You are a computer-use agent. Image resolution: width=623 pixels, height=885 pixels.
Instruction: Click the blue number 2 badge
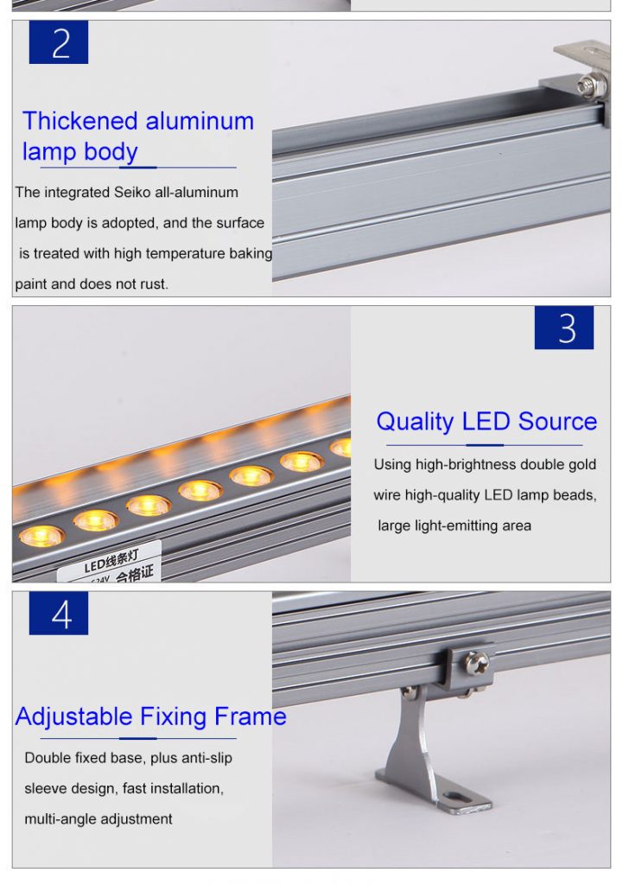(59, 42)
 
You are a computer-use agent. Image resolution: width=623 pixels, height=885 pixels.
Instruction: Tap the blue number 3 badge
(563, 328)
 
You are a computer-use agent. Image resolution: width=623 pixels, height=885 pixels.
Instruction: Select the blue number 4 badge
(59, 614)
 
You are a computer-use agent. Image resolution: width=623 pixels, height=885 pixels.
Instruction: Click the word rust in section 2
(152, 284)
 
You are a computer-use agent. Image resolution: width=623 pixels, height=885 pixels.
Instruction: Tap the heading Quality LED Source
(486, 422)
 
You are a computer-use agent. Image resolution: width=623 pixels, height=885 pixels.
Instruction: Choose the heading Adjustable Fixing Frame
(150, 716)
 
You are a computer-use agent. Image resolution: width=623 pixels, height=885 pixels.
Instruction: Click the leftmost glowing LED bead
(41, 536)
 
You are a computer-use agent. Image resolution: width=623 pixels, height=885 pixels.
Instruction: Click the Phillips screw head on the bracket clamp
(476, 664)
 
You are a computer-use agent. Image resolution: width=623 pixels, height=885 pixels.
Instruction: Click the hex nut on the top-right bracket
(588, 85)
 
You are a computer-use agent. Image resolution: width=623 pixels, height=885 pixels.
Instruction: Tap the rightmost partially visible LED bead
(342, 448)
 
